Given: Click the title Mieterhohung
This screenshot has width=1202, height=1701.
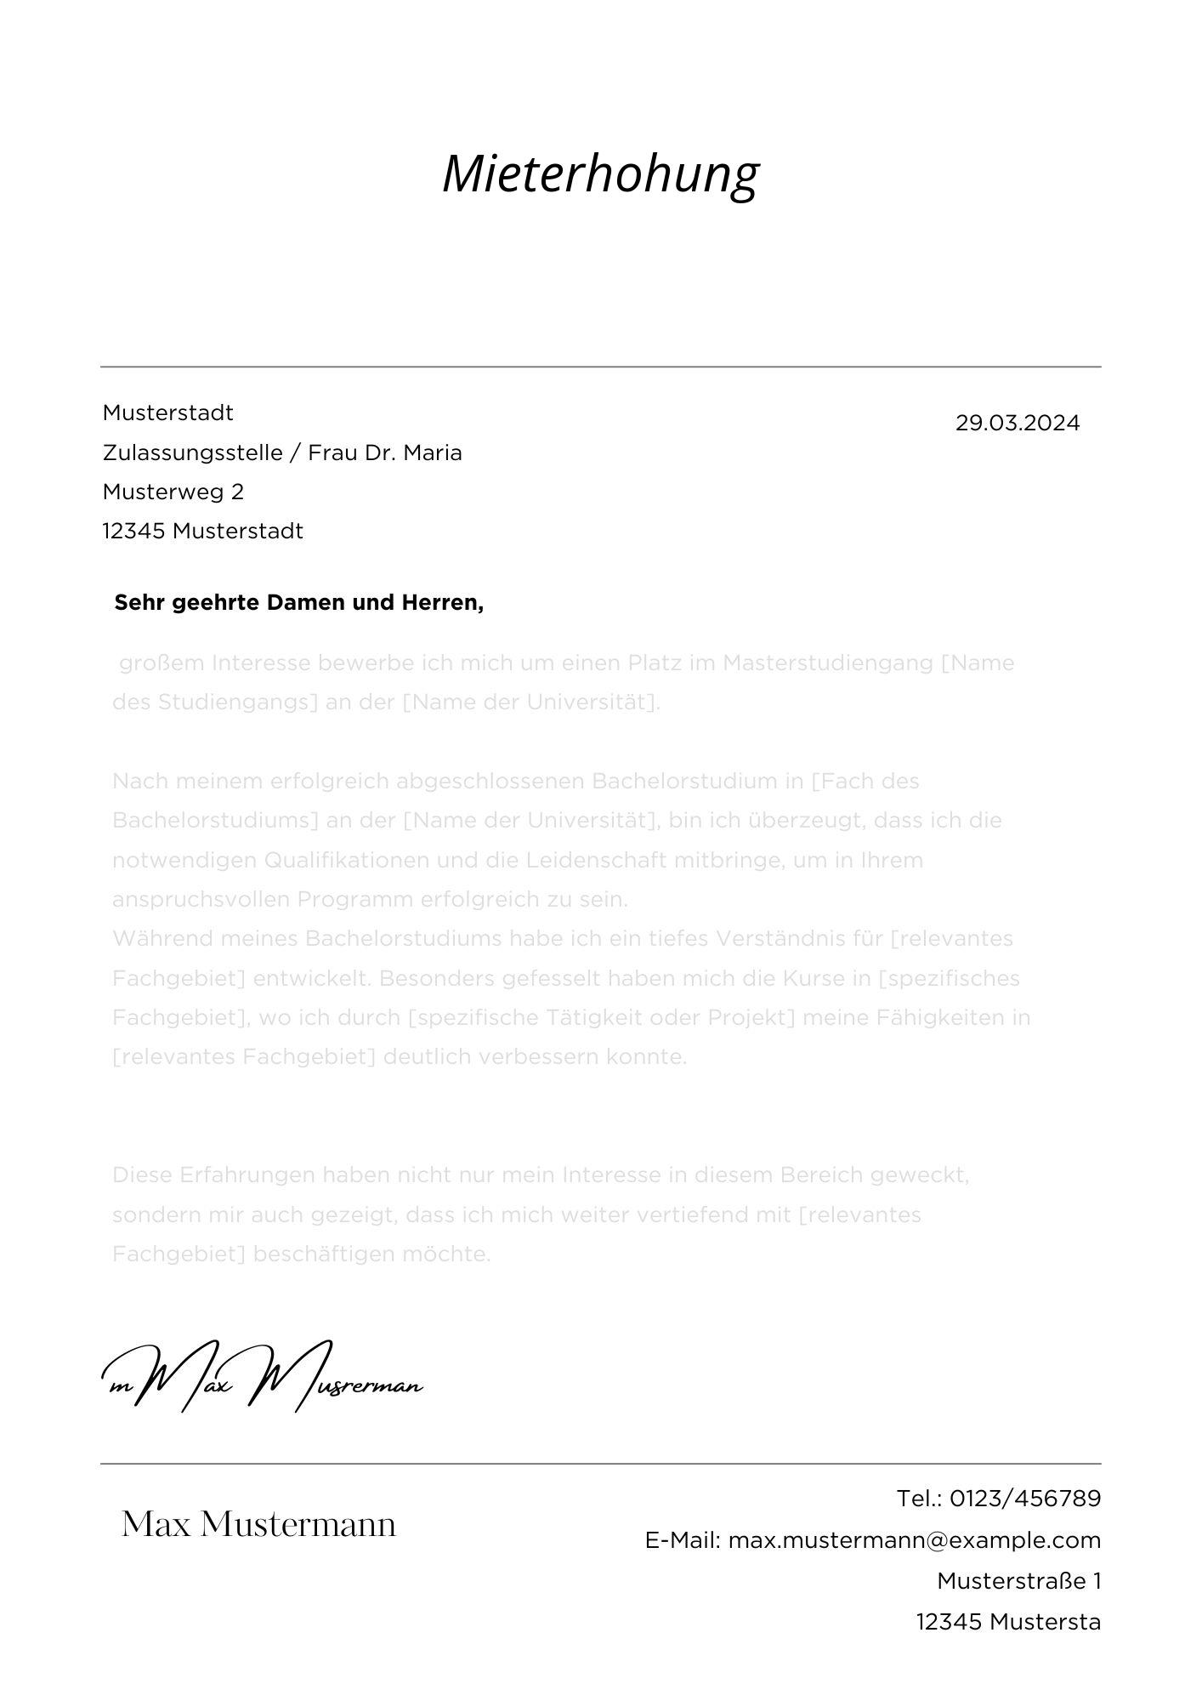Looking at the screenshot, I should point(600,174).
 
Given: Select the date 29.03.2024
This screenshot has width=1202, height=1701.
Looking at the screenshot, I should point(1017,423).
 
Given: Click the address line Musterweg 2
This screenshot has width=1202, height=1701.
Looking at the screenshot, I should point(173,492).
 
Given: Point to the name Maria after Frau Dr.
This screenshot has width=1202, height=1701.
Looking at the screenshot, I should point(433,452).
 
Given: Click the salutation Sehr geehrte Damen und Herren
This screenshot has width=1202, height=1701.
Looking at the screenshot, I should point(298,603).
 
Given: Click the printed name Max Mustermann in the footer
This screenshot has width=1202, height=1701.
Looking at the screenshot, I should point(258,1524).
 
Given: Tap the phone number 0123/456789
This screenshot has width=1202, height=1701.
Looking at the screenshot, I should point(1024,1499).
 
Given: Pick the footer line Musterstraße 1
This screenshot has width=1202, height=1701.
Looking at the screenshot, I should point(1018,1581).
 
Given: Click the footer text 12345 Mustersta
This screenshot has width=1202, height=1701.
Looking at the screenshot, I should point(1008,1622).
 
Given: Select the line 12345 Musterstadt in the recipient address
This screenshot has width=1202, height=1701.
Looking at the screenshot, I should point(202,532).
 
